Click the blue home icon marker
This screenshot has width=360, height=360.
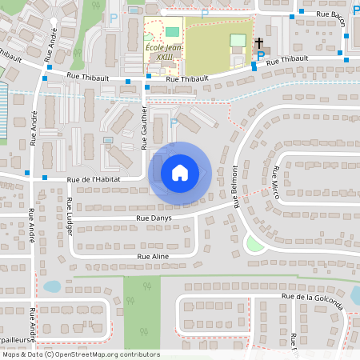point(180,173)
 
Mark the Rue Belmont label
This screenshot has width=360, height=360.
point(236,186)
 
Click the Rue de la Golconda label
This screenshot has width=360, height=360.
point(312,296)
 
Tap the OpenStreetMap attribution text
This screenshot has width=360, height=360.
point(80,354)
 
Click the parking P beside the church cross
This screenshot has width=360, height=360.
point(260,55)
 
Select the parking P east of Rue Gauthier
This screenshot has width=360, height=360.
point(174,122)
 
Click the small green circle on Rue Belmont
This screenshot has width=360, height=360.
point(255,244)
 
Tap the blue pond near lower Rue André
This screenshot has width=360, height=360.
point(51,286)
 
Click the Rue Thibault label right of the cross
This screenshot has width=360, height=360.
point(287,60)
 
